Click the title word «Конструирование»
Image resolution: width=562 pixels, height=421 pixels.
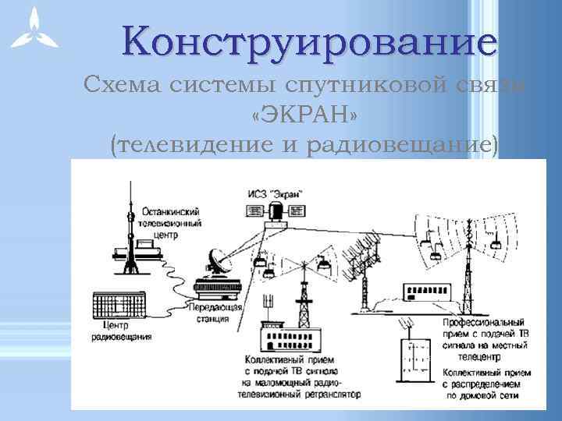308,41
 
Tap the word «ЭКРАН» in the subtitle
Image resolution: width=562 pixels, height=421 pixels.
306,116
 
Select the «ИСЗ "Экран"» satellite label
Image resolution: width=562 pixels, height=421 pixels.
273,193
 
